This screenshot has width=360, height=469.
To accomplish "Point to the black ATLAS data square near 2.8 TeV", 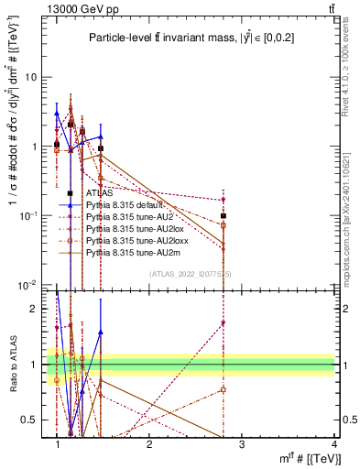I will tap(224, 216).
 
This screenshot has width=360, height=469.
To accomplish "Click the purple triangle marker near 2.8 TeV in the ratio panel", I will tap(224, 323).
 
